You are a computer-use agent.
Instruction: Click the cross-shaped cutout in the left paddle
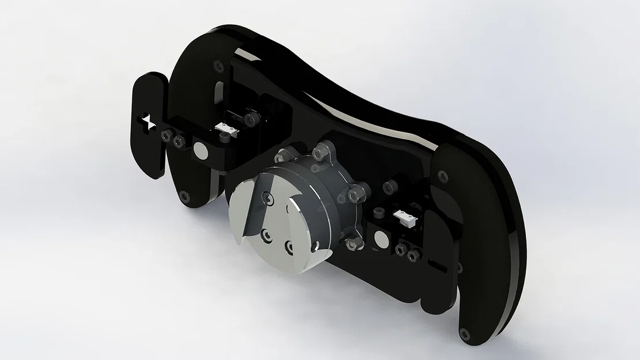coord(147,122)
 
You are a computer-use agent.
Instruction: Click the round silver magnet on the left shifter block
coord(200,151)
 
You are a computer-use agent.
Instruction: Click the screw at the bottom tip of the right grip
coord(464,333)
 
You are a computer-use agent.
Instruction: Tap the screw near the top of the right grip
coord(442,175)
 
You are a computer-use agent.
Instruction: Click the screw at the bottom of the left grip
coord(184,197)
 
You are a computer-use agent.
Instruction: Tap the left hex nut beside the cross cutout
coord(166,135)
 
